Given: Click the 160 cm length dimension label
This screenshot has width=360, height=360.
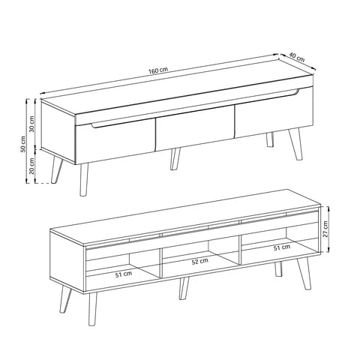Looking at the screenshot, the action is coord(158,70).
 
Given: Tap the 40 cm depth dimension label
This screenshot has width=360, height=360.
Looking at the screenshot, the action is coord(297,57).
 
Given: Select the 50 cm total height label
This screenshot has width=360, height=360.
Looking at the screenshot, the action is coord(23,144).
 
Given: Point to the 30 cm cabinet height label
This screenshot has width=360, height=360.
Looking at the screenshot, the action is coord(32,124).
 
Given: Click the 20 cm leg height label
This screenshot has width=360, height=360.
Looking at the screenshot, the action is coord(32,166).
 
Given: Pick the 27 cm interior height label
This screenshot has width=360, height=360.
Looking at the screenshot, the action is coord(325,229).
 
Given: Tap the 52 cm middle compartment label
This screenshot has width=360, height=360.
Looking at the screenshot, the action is coord(199,261).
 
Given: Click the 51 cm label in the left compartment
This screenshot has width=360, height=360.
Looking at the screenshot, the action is coord(124,274).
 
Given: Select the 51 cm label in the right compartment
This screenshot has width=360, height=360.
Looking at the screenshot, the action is coord(282,247).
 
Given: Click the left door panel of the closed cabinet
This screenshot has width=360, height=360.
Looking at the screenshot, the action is coord(115,141).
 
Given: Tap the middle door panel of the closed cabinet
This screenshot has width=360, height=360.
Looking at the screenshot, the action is coord(195,127).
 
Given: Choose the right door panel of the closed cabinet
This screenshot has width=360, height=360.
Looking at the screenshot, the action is coord(274,112).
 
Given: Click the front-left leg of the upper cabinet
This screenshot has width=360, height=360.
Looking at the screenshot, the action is coord(84,179).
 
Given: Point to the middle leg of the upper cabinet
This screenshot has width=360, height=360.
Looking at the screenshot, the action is coord(175,159).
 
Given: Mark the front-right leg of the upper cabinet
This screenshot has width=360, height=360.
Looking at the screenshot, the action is coord(295,144).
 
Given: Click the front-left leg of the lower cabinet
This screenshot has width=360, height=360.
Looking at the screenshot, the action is coord(92,309).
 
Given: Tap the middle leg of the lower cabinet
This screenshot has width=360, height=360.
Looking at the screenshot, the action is coord(184,288).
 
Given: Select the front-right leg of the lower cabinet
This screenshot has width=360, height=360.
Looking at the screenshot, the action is coord(304,273).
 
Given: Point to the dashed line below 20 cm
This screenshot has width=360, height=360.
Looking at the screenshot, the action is coord(43,183).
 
